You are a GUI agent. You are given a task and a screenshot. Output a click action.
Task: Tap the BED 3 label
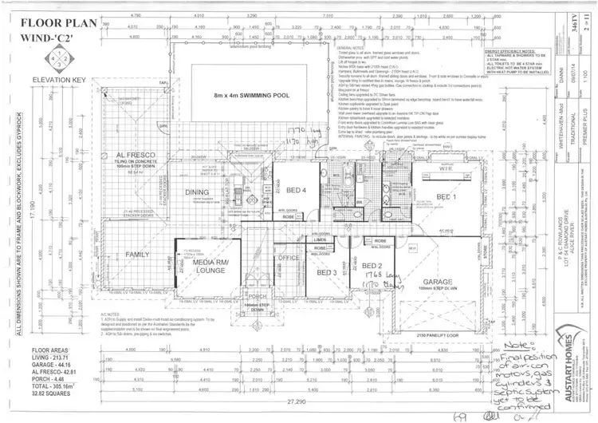[325, 272]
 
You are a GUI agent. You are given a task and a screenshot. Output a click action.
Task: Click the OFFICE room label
[289, 257]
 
